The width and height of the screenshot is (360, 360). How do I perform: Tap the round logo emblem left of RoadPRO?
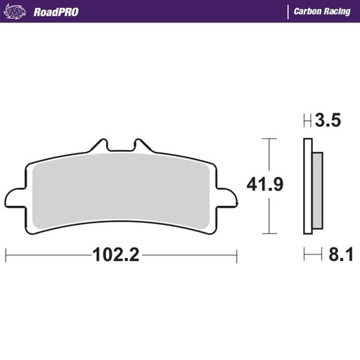click(19, 11)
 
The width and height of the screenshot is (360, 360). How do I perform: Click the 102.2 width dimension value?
click(117, 255)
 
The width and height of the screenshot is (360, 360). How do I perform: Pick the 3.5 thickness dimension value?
click(328, 121)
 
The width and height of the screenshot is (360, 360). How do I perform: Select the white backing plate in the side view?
click(307, 186)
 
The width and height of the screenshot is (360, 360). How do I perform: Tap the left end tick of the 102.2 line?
click(6, 255)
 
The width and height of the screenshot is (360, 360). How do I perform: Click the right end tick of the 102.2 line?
click(237, 255)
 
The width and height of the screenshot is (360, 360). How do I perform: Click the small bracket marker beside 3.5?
click(307, 121)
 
